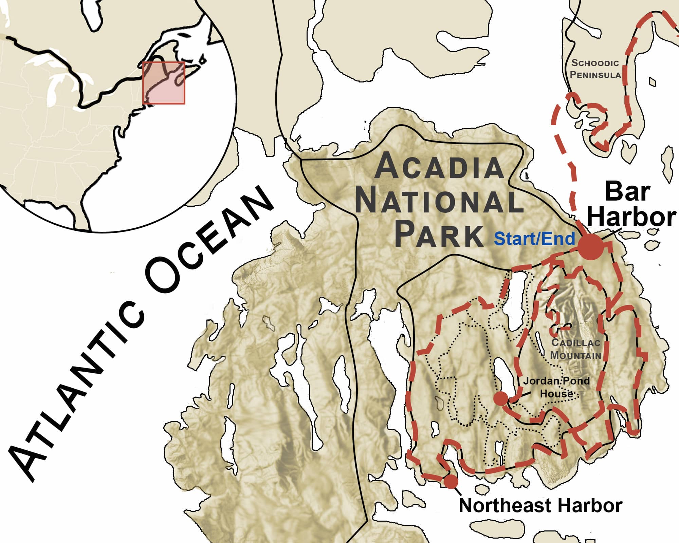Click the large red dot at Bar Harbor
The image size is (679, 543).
(x=591, y=247)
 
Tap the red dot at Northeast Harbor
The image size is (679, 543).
(x=451, y=481)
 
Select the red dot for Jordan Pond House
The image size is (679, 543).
(x=500, y=399)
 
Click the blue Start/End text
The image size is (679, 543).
(x=534, y=239)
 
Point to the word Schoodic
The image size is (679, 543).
(x=595, y=63)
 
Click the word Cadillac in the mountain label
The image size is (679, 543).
(x=576, y=342)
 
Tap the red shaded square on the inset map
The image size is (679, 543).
(x=164, y=83)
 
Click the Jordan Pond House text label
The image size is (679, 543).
(x=556, y=387)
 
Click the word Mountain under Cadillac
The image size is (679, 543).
(x=575, y=355)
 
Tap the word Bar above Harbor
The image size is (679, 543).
(x=627, y=192)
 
